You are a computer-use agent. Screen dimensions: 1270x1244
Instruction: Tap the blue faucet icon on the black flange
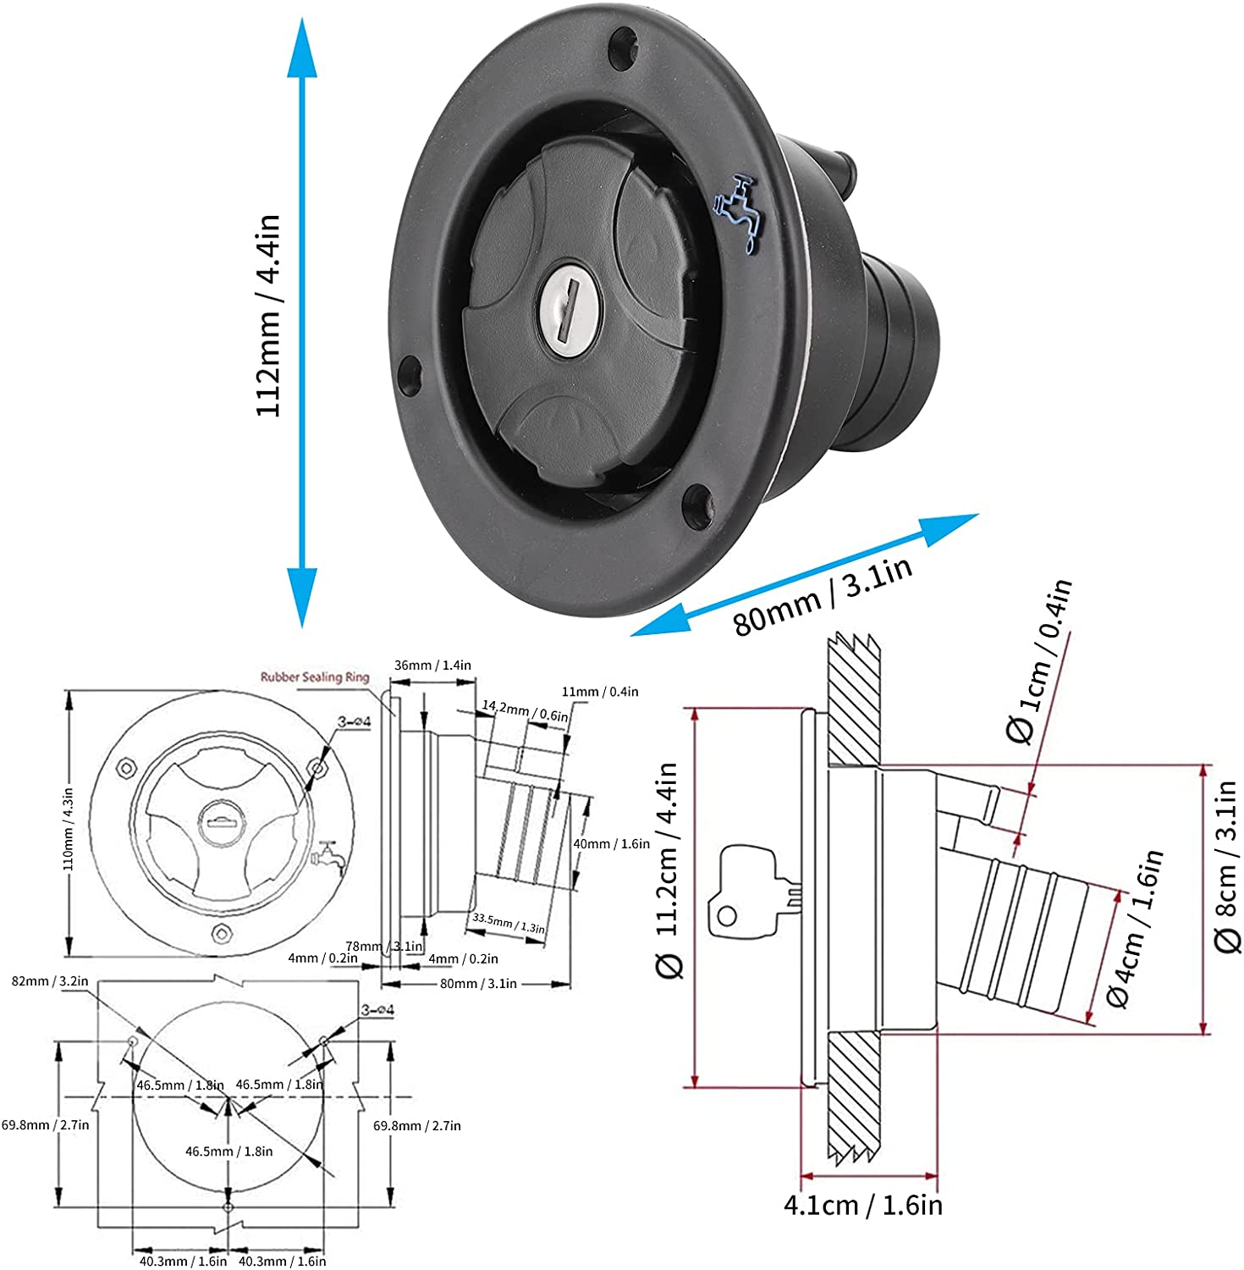(x=738, y=214)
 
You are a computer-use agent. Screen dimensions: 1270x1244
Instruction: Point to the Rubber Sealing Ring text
(x=314, y=676)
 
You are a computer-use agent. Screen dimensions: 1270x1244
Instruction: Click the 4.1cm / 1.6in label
(x=862, y=1205)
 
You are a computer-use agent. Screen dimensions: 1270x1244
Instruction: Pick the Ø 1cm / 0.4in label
(x=1038, y=662)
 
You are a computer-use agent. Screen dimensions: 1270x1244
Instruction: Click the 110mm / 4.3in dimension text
(x=69, y=829)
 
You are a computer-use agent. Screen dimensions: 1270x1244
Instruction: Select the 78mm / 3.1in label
(x=384, y=946)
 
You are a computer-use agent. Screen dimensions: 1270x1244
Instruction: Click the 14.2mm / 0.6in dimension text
(x=525, y=710)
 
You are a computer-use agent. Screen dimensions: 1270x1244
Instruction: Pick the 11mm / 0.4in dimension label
(x=600, y=692)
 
